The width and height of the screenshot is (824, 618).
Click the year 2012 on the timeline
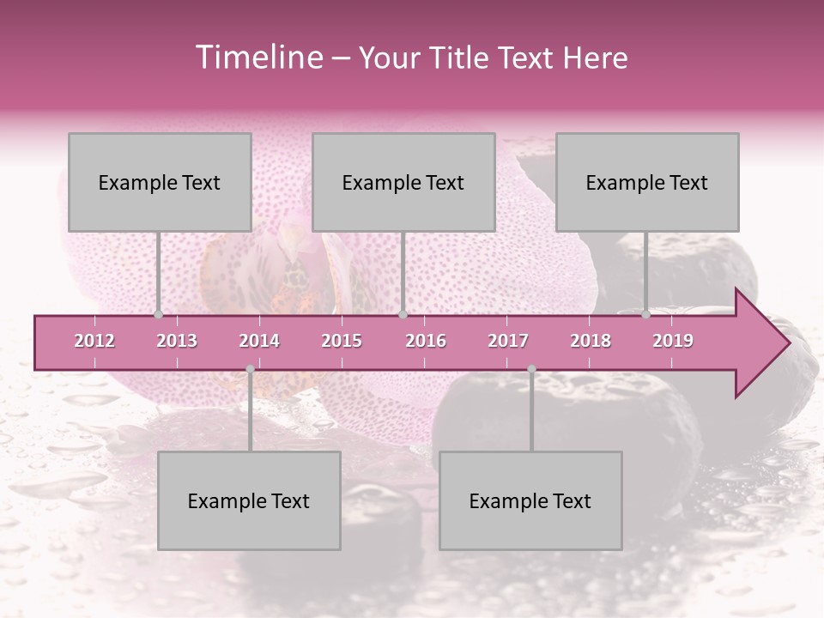(x=94, y=341)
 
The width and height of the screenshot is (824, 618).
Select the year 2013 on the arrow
(x=177, y=341)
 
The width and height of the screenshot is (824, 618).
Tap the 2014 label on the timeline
(x=259, y=341)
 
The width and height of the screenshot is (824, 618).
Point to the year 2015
(x=342, y=341)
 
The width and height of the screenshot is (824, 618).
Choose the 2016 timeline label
(x=426, y=341)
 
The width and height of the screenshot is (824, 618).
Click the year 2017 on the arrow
(x=508, y=341)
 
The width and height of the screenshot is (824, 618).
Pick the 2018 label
(x=591, y=341)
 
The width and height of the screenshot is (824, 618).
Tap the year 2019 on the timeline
(x=673, y=341)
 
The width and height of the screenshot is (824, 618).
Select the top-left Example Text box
(x=160, y=182)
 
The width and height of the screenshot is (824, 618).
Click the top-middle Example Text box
(x=403, y=182)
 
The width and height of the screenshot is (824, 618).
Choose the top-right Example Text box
(x=647, y=182)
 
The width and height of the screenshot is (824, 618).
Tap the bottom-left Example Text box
(x=249, y=500)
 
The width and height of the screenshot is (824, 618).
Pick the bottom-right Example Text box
(x=530, y=500)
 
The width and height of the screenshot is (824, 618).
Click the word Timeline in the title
(x=258, y=58)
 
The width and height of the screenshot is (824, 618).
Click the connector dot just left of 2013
(x=159, y=315)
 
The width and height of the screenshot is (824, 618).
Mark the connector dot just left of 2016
(x=403, y=315)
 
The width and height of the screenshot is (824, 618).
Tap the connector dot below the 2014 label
(x=250, y=369)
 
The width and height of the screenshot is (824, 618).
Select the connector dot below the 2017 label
(x=531, y=369)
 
